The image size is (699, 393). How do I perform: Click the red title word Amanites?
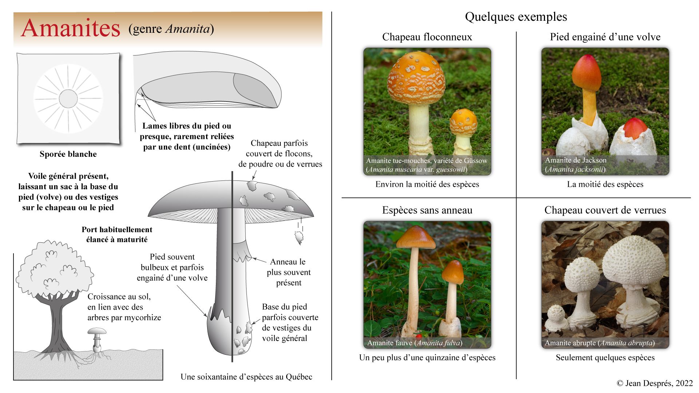coord(71,28)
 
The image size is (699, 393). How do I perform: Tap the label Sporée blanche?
coord(68,154)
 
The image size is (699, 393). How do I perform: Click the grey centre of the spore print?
coord(68,99)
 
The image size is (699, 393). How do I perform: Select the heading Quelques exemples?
coord(516,17)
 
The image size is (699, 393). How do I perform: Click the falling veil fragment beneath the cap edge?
coord(299,237)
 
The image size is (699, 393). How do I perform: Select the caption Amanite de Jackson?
coord(576,160)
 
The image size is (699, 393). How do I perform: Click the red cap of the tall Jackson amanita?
coord(587,73)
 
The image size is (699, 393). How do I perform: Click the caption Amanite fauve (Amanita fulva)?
coord(415,343)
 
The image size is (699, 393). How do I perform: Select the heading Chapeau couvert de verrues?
coord(605,210)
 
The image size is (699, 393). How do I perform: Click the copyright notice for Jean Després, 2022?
coord(655,383)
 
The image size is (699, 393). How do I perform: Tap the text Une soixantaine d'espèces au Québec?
coord(246,377)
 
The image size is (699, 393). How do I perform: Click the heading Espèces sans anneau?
coord(427,210)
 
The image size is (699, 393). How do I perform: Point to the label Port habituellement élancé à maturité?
coord(117,234)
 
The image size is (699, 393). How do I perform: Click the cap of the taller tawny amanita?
coord(416,237)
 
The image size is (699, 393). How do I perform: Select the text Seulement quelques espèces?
coord(605,357)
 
